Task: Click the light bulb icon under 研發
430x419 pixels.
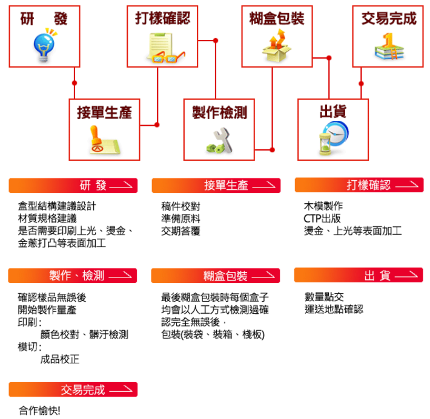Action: [44, 45]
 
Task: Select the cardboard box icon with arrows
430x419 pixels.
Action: [276, 46]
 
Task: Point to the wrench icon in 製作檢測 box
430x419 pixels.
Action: [220, 141]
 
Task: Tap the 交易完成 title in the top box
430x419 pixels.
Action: [389, 19]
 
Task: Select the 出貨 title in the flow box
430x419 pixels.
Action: [333, 112]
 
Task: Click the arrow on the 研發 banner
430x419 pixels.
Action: [121, 186]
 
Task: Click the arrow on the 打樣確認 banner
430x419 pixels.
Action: [407, 185]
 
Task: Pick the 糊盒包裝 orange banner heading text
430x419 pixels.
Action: [225, 276]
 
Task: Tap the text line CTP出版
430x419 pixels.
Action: [322, 218]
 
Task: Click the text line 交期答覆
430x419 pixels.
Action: [180, 231]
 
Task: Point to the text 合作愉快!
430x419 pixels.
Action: [39, 411]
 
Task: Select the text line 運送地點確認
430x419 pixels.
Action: [334, 309]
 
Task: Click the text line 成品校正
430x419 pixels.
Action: [60, 359]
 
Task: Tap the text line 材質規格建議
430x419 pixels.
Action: [47, 218]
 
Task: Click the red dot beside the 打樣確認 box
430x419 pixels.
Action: [216, 41]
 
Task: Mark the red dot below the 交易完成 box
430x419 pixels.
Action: [361, 83]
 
